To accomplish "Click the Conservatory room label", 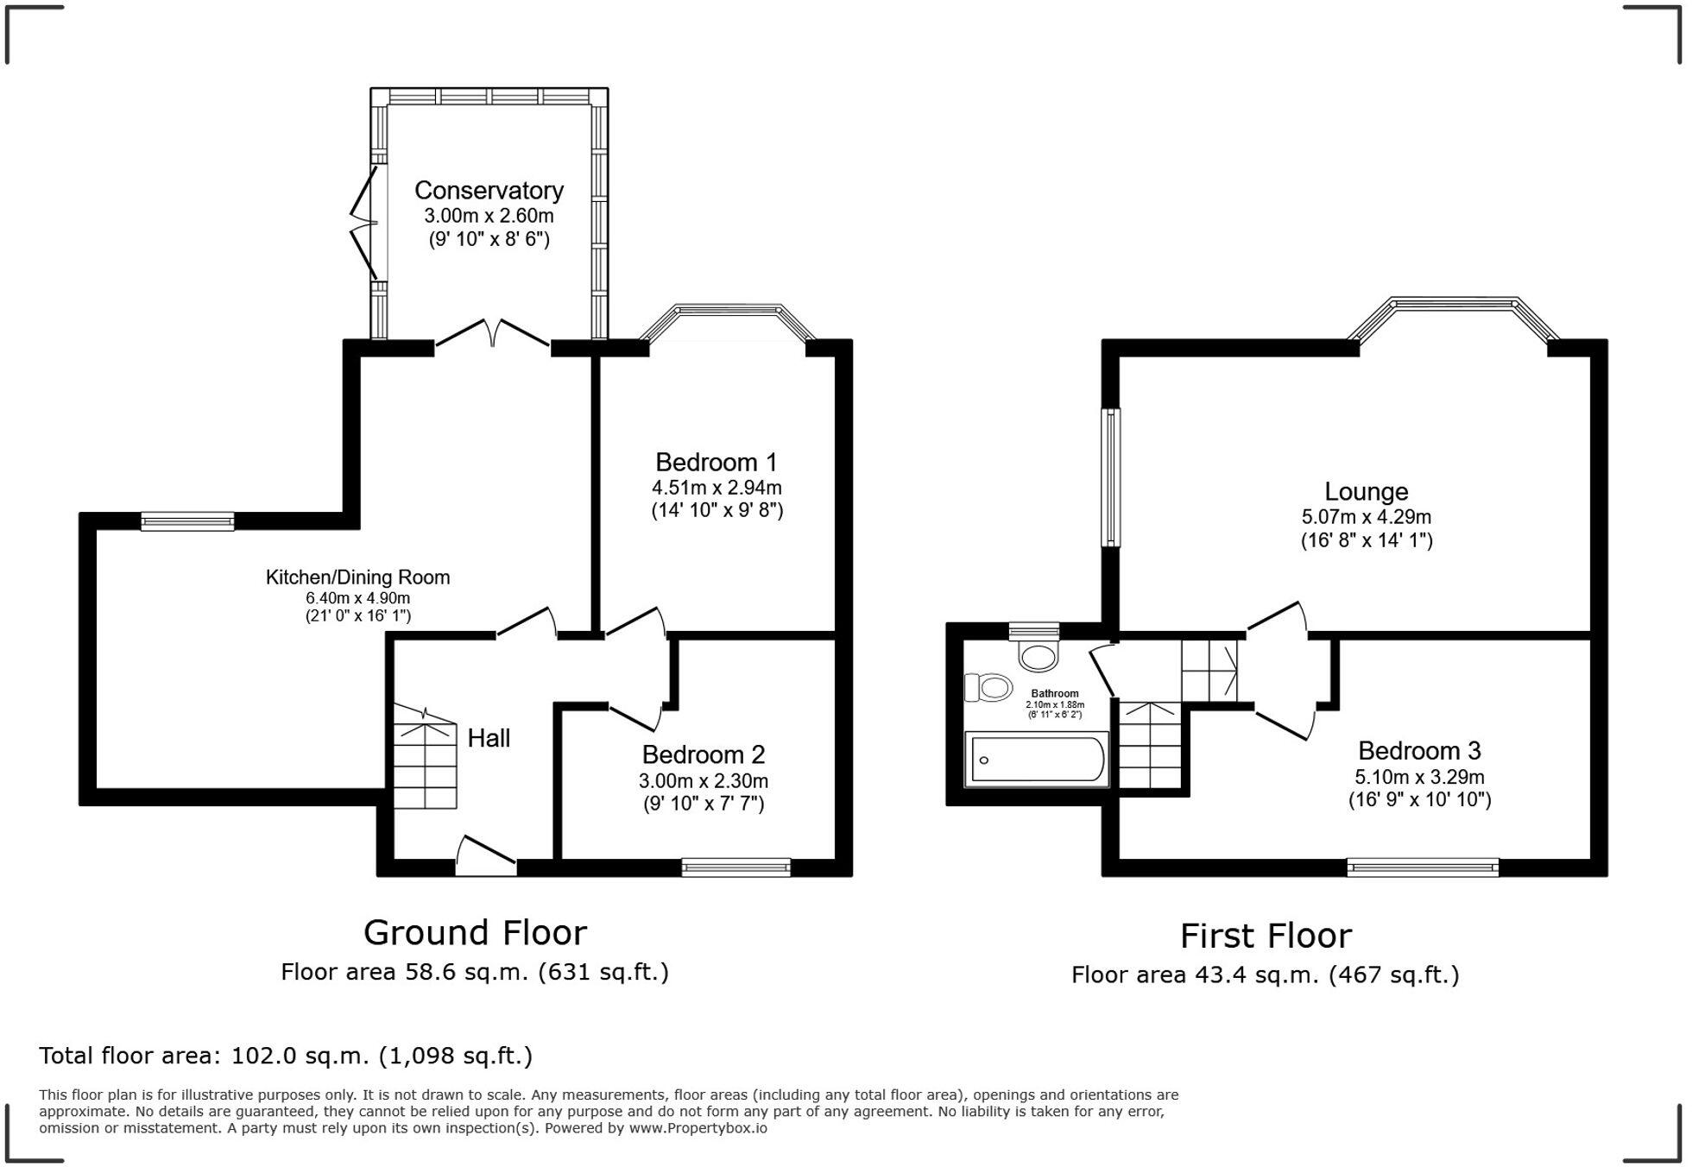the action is point(489,190).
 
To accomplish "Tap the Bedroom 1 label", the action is point(717,462).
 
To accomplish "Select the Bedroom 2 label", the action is point(704,754).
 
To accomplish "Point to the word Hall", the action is point(489,738).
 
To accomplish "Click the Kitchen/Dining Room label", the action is point(357,577).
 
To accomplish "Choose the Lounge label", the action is point(1367,492).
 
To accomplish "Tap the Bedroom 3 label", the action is point(1420,750).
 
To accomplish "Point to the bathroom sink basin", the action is point(1039,655).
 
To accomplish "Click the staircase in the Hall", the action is point(425,756).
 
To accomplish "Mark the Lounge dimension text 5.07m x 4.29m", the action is point(1367,517).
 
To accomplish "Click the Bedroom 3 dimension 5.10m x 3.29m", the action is point(1420,777).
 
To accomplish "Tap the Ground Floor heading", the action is point(475,933).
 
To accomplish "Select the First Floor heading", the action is point(1266,936).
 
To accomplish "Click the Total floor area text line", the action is point(286,1056).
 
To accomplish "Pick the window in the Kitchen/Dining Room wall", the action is point(187,520).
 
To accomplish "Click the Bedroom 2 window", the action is point(736,867).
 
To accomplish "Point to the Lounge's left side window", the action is point(1111,477).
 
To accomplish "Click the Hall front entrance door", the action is point(486,856).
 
